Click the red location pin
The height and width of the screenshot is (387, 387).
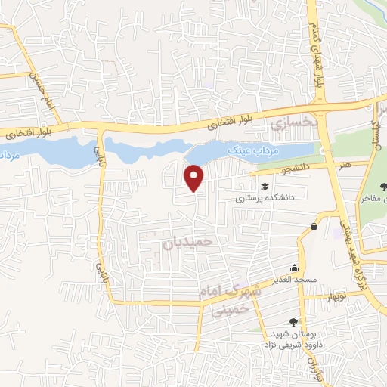point(195,178)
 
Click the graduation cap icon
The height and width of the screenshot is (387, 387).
point(265,187)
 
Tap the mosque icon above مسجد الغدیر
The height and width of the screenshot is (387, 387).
point(295,268)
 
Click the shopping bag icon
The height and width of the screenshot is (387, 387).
point(314,225)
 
